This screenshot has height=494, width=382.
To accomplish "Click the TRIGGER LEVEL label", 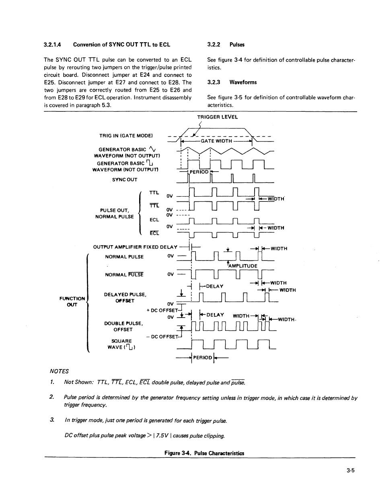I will click(x=217, y=117).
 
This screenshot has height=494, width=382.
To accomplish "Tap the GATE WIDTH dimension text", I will click(x=216, y=141).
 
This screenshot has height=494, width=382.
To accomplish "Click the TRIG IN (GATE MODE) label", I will click(x=126, y=135).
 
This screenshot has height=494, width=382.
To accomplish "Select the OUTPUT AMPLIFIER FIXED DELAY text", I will click(x=135, y=247).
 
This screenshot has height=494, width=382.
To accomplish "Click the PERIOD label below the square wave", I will click(x=203, y=357).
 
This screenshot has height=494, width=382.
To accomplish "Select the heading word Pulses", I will click(x=237, y=45).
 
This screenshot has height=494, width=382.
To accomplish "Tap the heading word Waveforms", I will click(x=243, y=82).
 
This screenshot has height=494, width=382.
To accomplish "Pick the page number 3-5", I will click(x=350, y=472).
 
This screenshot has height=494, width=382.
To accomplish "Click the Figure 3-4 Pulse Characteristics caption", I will click(x=204, y=453).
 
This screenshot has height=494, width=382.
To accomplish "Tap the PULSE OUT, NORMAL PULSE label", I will click(x=114, y=213).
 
